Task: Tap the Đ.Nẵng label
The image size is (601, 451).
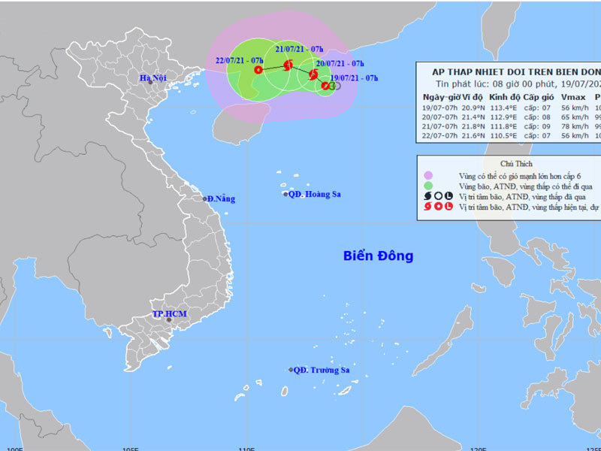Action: coord(221,198)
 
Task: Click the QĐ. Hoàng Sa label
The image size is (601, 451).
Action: coord(316,194)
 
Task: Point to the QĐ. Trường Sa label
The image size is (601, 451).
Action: coord(321,370)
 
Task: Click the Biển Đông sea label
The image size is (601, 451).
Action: coord(378,256)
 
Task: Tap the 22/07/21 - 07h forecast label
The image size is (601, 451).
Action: coord(238,60)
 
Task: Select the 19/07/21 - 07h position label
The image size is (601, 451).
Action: coord(354,77)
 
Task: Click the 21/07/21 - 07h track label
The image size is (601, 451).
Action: coord(299,47)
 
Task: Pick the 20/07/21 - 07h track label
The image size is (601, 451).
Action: coord(340,64)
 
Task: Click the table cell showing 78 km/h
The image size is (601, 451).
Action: coord(573,127)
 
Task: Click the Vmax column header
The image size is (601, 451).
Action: coord(572,97)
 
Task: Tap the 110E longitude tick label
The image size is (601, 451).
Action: coord(245,448)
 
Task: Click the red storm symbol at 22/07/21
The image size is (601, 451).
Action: coord(258,70)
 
